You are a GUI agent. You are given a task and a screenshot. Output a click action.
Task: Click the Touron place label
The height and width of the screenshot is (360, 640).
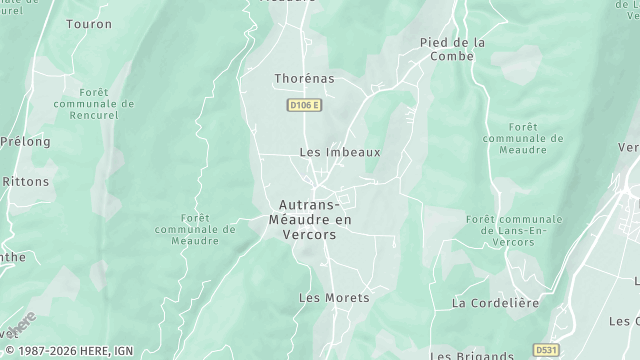89,23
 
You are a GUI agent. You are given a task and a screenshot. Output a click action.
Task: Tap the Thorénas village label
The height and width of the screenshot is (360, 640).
304,77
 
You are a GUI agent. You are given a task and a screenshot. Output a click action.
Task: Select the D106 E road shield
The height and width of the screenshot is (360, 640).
303,105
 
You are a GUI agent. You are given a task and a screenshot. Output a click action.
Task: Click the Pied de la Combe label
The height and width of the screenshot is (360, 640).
452,49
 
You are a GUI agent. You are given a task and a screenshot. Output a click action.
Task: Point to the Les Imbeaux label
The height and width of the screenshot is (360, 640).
340,152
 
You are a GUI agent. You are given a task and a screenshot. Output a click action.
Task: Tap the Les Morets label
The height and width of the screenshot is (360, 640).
334,297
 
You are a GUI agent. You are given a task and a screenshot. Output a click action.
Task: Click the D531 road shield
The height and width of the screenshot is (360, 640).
545,350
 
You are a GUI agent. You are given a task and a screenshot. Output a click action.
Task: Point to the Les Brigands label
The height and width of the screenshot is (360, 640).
472,354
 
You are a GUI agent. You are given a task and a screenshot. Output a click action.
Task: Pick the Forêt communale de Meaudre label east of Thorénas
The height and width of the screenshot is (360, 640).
523,139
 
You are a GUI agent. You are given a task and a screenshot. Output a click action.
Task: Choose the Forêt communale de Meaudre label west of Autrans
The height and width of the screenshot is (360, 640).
195,229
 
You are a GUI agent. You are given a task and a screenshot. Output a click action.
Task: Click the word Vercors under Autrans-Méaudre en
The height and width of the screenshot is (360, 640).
310,234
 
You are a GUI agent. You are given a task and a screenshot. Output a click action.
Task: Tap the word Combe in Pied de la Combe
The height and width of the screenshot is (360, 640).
451,58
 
